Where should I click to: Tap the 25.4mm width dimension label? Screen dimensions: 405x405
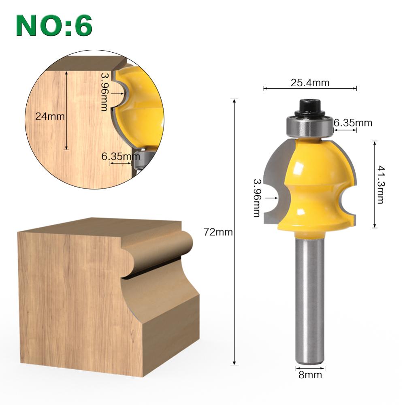tap(310, 83)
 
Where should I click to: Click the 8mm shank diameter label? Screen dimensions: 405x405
tap(310, 375)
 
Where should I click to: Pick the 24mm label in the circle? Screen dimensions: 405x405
tap(50, 116)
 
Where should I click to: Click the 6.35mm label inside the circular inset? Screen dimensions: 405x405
tap(118, 156)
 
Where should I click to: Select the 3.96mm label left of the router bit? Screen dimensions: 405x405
tap(256, 198)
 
